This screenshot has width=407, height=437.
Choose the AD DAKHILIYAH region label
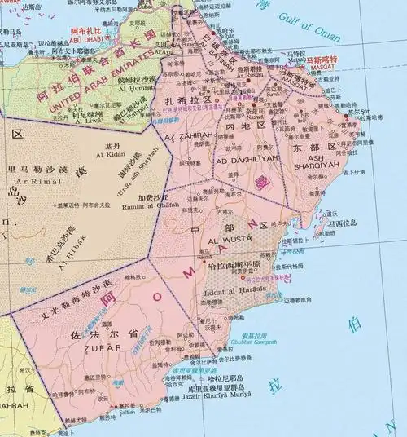[x=247, y=159]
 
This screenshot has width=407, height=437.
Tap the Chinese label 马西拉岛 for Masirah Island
[x=343, y=220]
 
